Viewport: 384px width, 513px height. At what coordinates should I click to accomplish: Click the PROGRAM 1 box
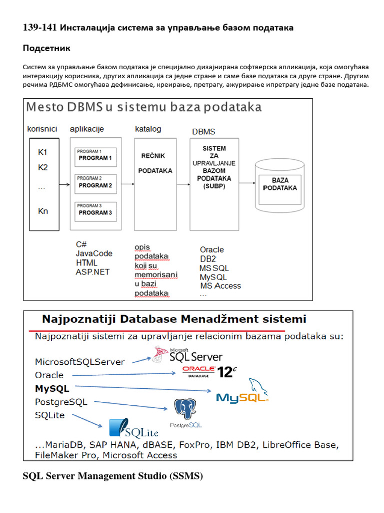[x=95, y=155]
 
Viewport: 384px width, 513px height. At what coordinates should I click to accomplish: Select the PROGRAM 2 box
[x=95, y=183]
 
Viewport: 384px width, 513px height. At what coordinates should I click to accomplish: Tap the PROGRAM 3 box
[x=95, y=210]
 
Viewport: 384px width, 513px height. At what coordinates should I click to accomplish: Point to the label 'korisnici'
[x=42, y=129]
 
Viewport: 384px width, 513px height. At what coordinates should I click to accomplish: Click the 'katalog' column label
[x=148, y=129]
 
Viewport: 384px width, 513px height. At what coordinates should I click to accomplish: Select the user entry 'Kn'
[x=43, y=211]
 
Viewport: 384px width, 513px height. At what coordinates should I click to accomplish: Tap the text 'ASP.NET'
[x=92, y=272]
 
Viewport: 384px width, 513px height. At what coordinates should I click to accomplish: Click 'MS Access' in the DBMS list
[x=220, y=286]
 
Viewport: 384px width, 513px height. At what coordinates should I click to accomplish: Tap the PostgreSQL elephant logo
[x=185, y=413]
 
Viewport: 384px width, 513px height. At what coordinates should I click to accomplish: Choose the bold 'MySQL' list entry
[x=52, y=388]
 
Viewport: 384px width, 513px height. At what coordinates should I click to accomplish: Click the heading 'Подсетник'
[x=46, y=49]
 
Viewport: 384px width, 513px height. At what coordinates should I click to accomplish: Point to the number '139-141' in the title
[x=40, y=28]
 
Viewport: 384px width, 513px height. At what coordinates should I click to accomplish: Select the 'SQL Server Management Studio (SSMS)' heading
[x=113, y=476]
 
